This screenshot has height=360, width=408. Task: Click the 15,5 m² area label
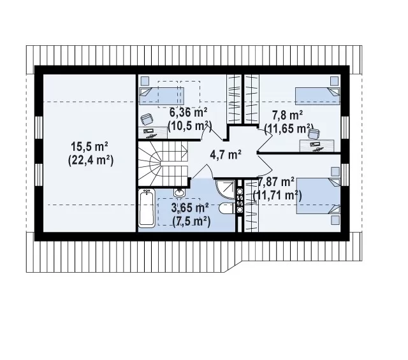click(90, 147)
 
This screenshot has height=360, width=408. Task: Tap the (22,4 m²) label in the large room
click(91, 161)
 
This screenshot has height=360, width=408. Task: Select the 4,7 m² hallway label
click(226, 155)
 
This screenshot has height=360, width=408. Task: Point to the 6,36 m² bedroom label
click(189, 113)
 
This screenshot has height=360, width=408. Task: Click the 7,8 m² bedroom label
click(288, 115)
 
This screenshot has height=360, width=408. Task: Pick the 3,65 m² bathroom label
click(190, 208)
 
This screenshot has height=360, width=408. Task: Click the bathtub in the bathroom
click(147, 208)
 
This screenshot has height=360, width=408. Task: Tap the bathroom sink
click(179, 193)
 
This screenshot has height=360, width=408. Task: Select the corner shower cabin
click(225, 189)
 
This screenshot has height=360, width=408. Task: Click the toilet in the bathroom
click(227, 208)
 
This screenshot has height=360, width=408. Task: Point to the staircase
click(163, 164)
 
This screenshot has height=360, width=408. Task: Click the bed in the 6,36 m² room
click(161, 96)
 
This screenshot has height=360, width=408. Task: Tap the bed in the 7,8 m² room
click(317, 96)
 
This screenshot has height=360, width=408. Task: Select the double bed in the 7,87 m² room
click(319, 196)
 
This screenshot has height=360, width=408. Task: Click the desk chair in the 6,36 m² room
click(147, 119)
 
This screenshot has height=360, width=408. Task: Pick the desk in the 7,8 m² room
click(317, 146)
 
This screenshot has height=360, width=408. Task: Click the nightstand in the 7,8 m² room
click(334, 81)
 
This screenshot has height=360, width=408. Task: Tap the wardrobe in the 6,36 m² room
click(233, 99)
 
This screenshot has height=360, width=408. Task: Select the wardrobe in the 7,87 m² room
click(251, 206)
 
